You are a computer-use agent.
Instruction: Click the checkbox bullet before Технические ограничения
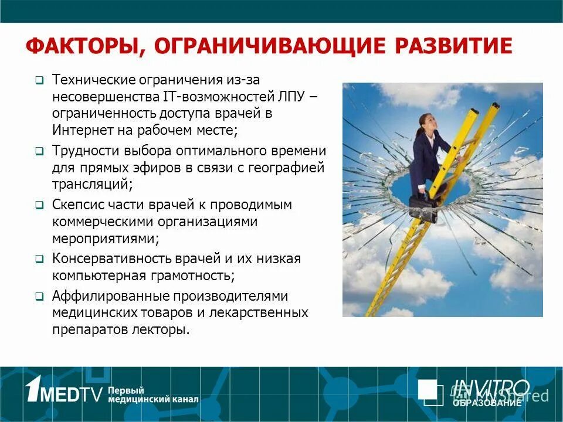pos(39,80)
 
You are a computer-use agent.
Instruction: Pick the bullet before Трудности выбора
pos(39,151)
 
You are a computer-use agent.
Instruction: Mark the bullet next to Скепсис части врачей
pos(39,206)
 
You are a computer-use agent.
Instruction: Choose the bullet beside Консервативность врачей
pos(39,259)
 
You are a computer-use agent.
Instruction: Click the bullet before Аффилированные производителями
pos(39,297)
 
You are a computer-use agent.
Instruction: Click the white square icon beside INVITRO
pos(430,391)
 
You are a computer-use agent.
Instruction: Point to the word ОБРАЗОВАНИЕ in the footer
pos(486,403)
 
